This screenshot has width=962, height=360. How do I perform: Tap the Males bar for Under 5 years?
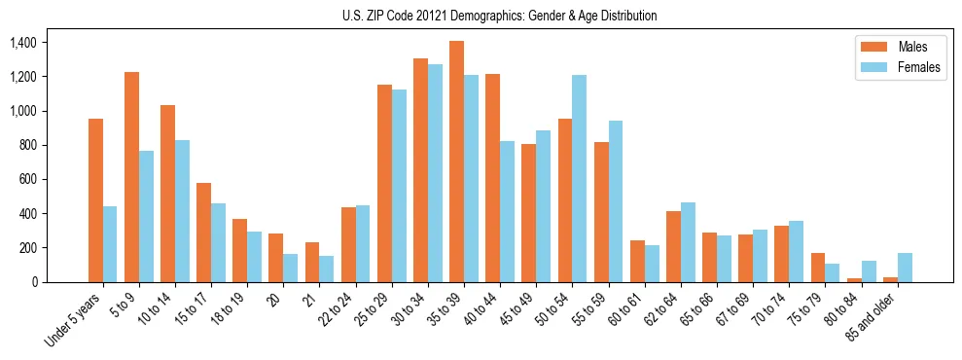[x=95, y=200]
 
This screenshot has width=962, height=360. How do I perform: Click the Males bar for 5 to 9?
[x=131, y=177]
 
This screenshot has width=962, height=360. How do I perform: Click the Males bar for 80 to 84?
[x=854, y=280]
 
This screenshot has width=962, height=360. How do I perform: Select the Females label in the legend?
[x=918, y=68]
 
